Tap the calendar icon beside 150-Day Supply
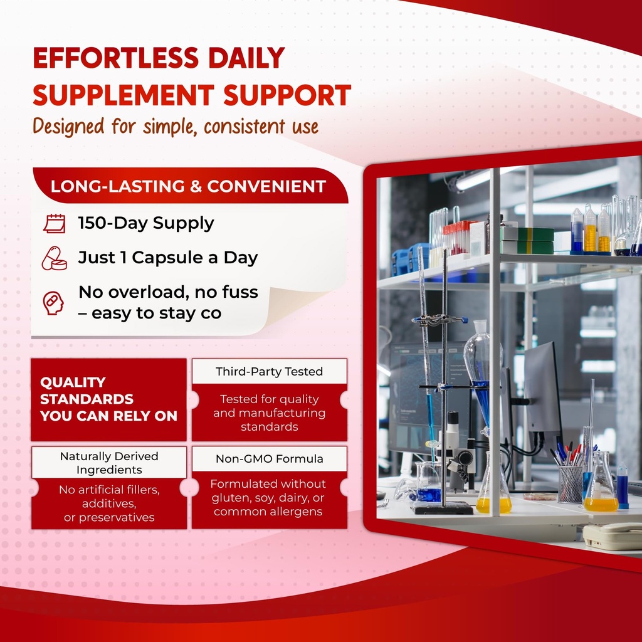tap(54, 223)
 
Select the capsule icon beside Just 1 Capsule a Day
tap(54, 258)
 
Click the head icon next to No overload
tap(53, 302)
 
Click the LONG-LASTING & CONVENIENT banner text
tap(188, 186)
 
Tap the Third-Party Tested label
tap(269, 371)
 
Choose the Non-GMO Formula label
tap(269, 459)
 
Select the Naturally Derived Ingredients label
tap(109, 463)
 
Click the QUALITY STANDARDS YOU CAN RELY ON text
tap(108, 399)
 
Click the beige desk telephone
tap(611, 536)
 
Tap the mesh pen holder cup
tap(570, 483)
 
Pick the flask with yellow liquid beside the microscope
tap(493, 492)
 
